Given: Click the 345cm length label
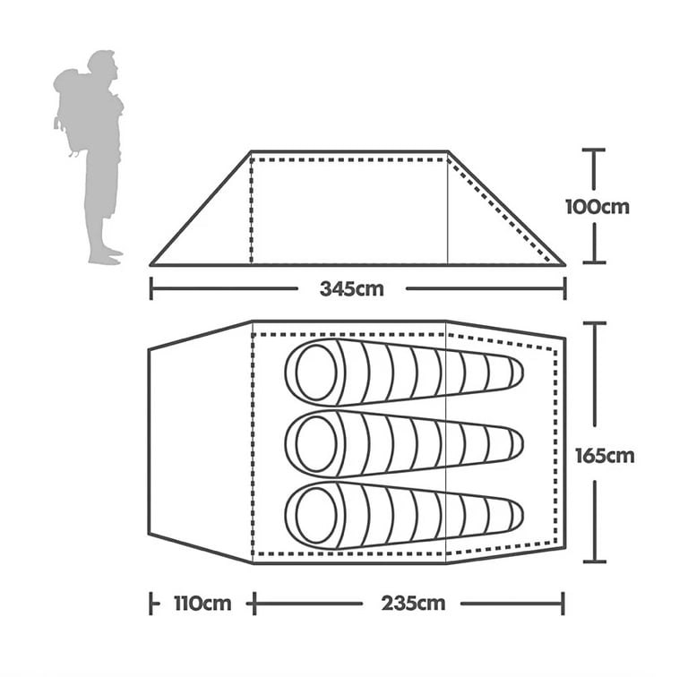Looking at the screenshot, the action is click(351, 289).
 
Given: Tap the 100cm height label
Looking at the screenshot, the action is click(598, 207).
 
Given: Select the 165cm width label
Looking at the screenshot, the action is click(605, 456).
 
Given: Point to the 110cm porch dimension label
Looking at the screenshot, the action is click(202, 604).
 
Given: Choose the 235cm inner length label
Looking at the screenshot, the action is click(413, 604).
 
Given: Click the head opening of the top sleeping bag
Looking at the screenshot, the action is click(316, 372).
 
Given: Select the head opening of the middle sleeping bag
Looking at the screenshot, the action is click(316, 444).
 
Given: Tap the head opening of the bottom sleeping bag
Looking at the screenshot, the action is click(316, 516).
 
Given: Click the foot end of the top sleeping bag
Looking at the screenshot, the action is click(517, 373).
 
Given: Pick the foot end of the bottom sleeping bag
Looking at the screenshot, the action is click(517, 516).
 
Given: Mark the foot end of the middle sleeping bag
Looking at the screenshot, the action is click(517, 444).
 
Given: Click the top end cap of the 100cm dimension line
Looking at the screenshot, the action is click(594, 150).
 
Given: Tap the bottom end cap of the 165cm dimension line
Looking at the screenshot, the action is click(595, 561).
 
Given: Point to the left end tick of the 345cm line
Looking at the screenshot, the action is click(151, 288).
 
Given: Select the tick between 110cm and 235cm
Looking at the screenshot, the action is click(254, 604).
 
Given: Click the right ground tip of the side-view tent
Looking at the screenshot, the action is click(564, 264).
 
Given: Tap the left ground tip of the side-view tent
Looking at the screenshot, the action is click(151, 264).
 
